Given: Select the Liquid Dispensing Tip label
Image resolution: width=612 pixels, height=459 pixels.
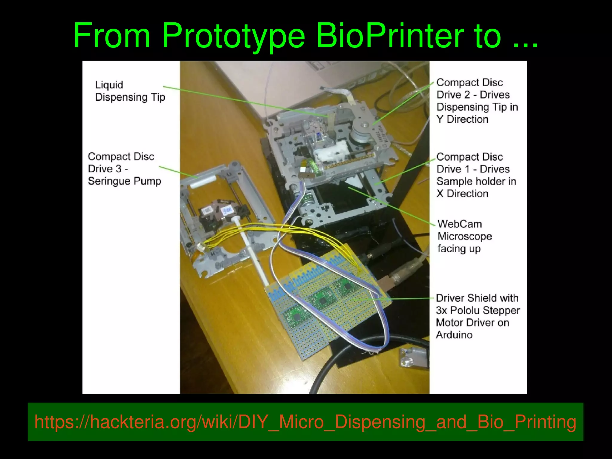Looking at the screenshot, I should tap(130, 91).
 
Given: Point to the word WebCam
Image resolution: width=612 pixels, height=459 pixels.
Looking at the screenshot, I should tap(460, 224).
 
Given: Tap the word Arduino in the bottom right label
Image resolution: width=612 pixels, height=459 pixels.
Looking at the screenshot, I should tap(454, 335).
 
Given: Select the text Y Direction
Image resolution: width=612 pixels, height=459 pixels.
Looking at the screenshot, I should tap(462, 119).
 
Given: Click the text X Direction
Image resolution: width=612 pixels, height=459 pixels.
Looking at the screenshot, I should tap(462, 194).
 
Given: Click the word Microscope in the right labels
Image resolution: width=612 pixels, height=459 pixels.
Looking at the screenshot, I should tap(465, 237).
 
